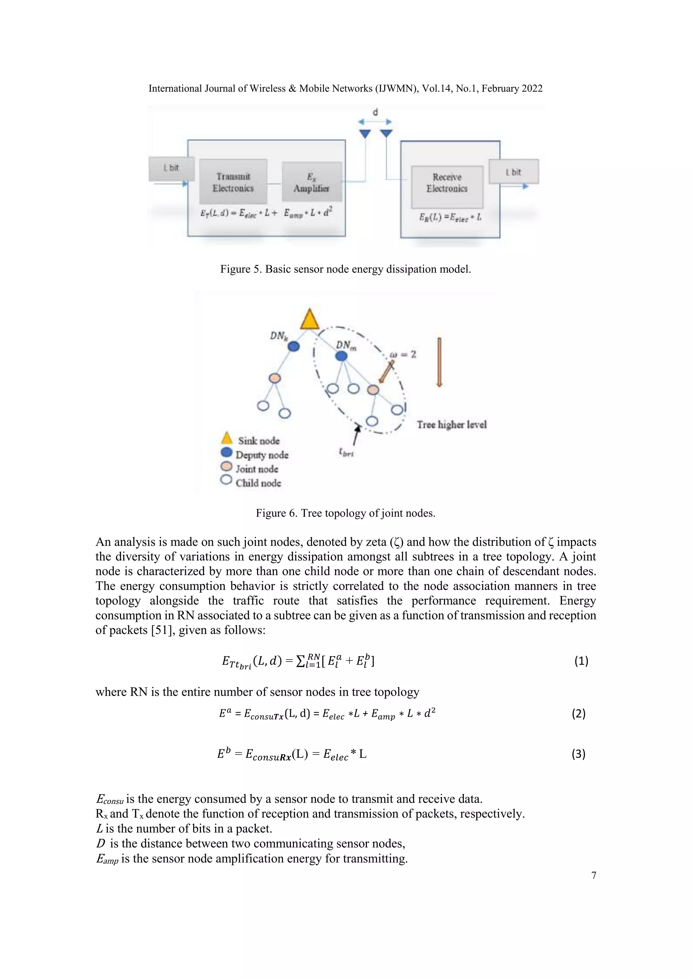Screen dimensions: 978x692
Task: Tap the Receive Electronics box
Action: (x=447, y=186)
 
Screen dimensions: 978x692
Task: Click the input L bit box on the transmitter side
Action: (x=171, y=169)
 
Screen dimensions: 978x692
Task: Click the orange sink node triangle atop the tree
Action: (x=310, y=320)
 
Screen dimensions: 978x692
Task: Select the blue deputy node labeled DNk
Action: (x=294, y=347)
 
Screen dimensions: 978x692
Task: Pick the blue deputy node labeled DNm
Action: (x=341, y=356)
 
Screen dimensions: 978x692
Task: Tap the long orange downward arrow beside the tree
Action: (x=439, y=362)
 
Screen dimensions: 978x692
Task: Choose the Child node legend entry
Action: (x=258, y=483)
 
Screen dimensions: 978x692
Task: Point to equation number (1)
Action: (x=581, y=661)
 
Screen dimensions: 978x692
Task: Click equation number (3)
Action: (x=578, y=754)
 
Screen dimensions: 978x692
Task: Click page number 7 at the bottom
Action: (x=594, y=875)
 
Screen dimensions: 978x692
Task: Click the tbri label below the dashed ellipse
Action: (x=346, y=453)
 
